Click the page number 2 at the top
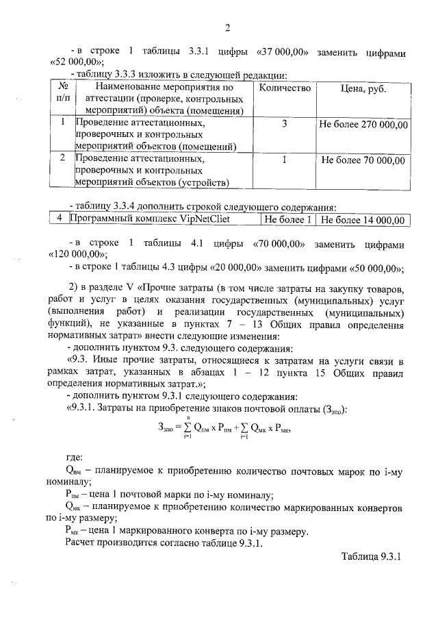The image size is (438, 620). (x=229, y=28)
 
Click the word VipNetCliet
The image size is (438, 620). (x=203, y=220)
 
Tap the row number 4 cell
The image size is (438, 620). (x=60, y=220)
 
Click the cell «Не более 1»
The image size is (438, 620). (x=288, y=220)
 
